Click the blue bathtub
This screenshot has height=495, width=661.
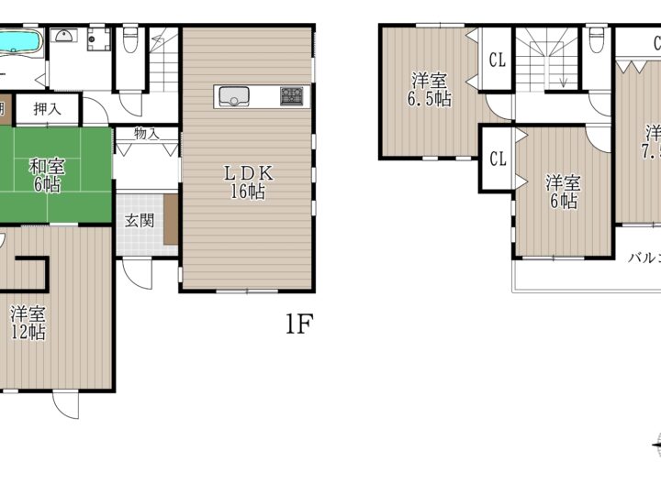[20, 42]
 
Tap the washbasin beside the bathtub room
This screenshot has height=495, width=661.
[64, 37]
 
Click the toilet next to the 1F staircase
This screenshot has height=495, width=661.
[129, 40]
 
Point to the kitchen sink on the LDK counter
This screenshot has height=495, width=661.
[231, 95]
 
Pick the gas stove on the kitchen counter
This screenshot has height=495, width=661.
[291, 95]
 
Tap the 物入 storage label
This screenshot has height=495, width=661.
[147, 134]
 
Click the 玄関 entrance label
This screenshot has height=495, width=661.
[140, 220]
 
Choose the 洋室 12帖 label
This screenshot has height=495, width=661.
[28, 323]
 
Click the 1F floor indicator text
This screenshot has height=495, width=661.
[298, 324]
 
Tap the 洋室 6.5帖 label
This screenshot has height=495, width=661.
[431, 89]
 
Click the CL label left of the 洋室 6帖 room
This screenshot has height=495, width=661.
[498, 159]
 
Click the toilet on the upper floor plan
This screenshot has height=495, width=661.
[598, 42]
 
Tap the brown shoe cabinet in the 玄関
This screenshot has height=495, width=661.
[171, 220]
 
